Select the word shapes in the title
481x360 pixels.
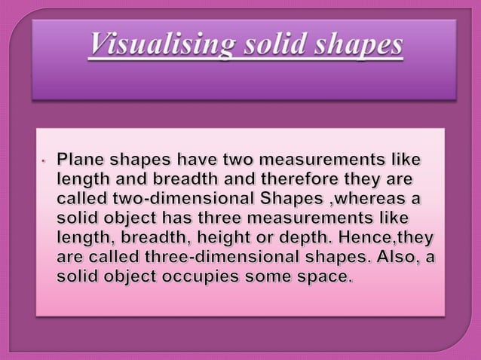(358, 47)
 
